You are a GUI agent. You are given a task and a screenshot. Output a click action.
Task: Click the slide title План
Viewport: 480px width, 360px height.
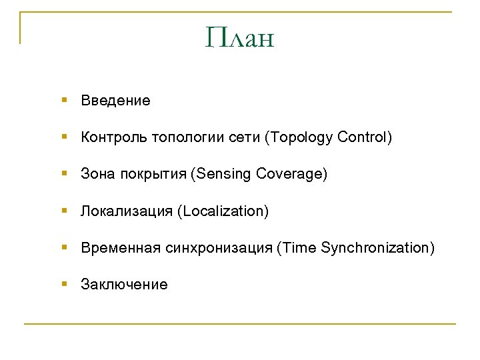click(x=240, y=38)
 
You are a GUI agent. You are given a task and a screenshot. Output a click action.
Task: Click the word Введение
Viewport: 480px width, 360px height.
click(x=115, y=101)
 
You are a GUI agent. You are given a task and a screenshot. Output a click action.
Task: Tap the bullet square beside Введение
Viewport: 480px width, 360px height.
click(x=64, y=100)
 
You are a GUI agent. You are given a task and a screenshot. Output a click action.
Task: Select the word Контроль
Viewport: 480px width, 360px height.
click(x=114, y=137)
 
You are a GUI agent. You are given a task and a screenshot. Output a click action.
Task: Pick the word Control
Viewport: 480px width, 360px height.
click(x=364, y=137)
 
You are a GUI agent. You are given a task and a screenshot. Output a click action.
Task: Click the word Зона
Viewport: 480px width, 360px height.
click(x=98, y=174)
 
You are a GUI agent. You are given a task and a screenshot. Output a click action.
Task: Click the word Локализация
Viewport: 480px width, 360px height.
click(x=127, y=211)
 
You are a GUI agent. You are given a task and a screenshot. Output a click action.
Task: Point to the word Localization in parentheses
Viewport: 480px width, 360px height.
click(x=223, y=211)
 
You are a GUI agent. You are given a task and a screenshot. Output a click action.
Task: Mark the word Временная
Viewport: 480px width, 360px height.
click(x=121, y=248)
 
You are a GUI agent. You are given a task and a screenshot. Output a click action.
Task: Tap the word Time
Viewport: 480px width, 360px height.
click(x=298, y=248)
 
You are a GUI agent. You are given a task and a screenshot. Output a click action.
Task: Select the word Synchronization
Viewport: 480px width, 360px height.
click(x=377, y=248)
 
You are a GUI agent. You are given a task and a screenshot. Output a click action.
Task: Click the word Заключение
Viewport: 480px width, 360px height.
click(x=124, y=285)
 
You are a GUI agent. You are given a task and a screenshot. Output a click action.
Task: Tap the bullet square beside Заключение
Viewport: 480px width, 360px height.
click(x=64, y=284)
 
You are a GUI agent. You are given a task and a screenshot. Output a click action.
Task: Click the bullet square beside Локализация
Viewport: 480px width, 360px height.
click(x=64, y=211)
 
